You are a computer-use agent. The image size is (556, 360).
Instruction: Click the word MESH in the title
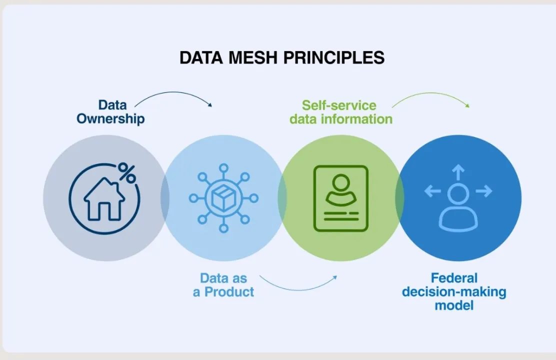coord(252,57)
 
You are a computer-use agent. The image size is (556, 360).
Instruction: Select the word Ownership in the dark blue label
coord(110,119)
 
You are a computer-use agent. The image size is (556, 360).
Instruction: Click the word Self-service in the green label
coord(339,105)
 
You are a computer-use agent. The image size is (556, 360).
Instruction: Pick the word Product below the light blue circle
coord(229,292)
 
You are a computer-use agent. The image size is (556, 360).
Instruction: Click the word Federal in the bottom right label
coord(454,277)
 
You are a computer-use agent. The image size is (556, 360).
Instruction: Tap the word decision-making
coord(454,292)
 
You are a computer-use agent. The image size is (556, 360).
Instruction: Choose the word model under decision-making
coord(454,305)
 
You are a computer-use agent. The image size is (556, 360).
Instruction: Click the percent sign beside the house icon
coord(126,172)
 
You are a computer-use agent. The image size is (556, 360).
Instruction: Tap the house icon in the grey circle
coord(104,199)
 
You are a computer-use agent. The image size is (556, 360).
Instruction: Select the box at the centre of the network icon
coord(223,198)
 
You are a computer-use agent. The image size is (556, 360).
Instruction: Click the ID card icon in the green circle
coord(341,198)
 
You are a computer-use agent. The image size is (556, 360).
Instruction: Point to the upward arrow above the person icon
coord(458,172)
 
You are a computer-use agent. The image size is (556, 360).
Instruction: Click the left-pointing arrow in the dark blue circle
coord(432,191)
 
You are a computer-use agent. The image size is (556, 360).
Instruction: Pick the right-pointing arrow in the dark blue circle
coord(484,191)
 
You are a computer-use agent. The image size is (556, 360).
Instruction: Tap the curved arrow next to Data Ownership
coord(174,92)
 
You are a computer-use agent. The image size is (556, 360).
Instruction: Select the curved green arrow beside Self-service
coord(431,93)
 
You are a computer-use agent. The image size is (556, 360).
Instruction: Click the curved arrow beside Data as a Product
coord(298,290)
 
